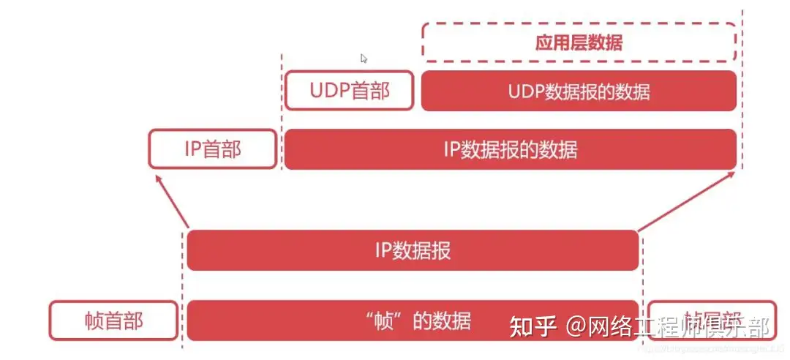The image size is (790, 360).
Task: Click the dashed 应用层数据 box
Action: [x=579, y=42]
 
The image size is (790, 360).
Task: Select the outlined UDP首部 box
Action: [x=350, y=91]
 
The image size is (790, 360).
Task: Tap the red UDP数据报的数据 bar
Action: [x=579, y=91]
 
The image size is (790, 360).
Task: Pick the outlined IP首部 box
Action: [x=212, y=149]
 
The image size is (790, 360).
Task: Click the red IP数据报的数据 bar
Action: [x=510, y=149]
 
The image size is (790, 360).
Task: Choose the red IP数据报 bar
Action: [x=413, y=250]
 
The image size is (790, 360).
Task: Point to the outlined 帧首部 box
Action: [x=113, y=320]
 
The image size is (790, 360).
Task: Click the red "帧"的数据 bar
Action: [x=413, y=320]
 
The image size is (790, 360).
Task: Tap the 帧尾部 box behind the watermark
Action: [x=712, y=320]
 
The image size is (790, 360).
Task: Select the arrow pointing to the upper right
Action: [x=688, y=199]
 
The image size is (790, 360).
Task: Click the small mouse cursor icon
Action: [x=364, y=59]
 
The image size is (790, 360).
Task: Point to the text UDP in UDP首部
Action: [x=326, y=91]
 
